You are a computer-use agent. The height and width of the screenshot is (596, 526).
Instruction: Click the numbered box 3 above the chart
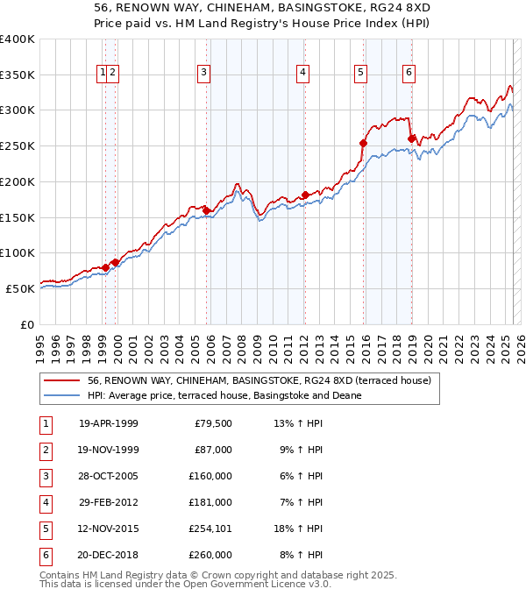point(203,73)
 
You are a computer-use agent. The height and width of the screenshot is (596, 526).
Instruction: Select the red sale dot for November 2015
point(363,143)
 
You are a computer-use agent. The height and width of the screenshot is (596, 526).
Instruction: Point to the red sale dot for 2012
point(305,195)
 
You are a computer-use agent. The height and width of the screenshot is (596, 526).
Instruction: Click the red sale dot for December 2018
point(412,138)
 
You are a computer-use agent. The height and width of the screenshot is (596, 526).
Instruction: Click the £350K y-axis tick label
point(18,74)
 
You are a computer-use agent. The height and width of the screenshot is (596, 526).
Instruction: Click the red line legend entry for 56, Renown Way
point(259,381)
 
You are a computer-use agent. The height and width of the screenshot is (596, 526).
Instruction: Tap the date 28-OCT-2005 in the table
point(108,476)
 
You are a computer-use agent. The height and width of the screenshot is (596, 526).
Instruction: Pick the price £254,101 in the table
point(208,529)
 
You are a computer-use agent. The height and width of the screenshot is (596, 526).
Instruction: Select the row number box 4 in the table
point(45,502)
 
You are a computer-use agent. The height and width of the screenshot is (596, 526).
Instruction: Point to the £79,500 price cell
point(213,423)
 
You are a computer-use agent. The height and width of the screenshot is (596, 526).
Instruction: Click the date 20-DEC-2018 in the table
point(108,555)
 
